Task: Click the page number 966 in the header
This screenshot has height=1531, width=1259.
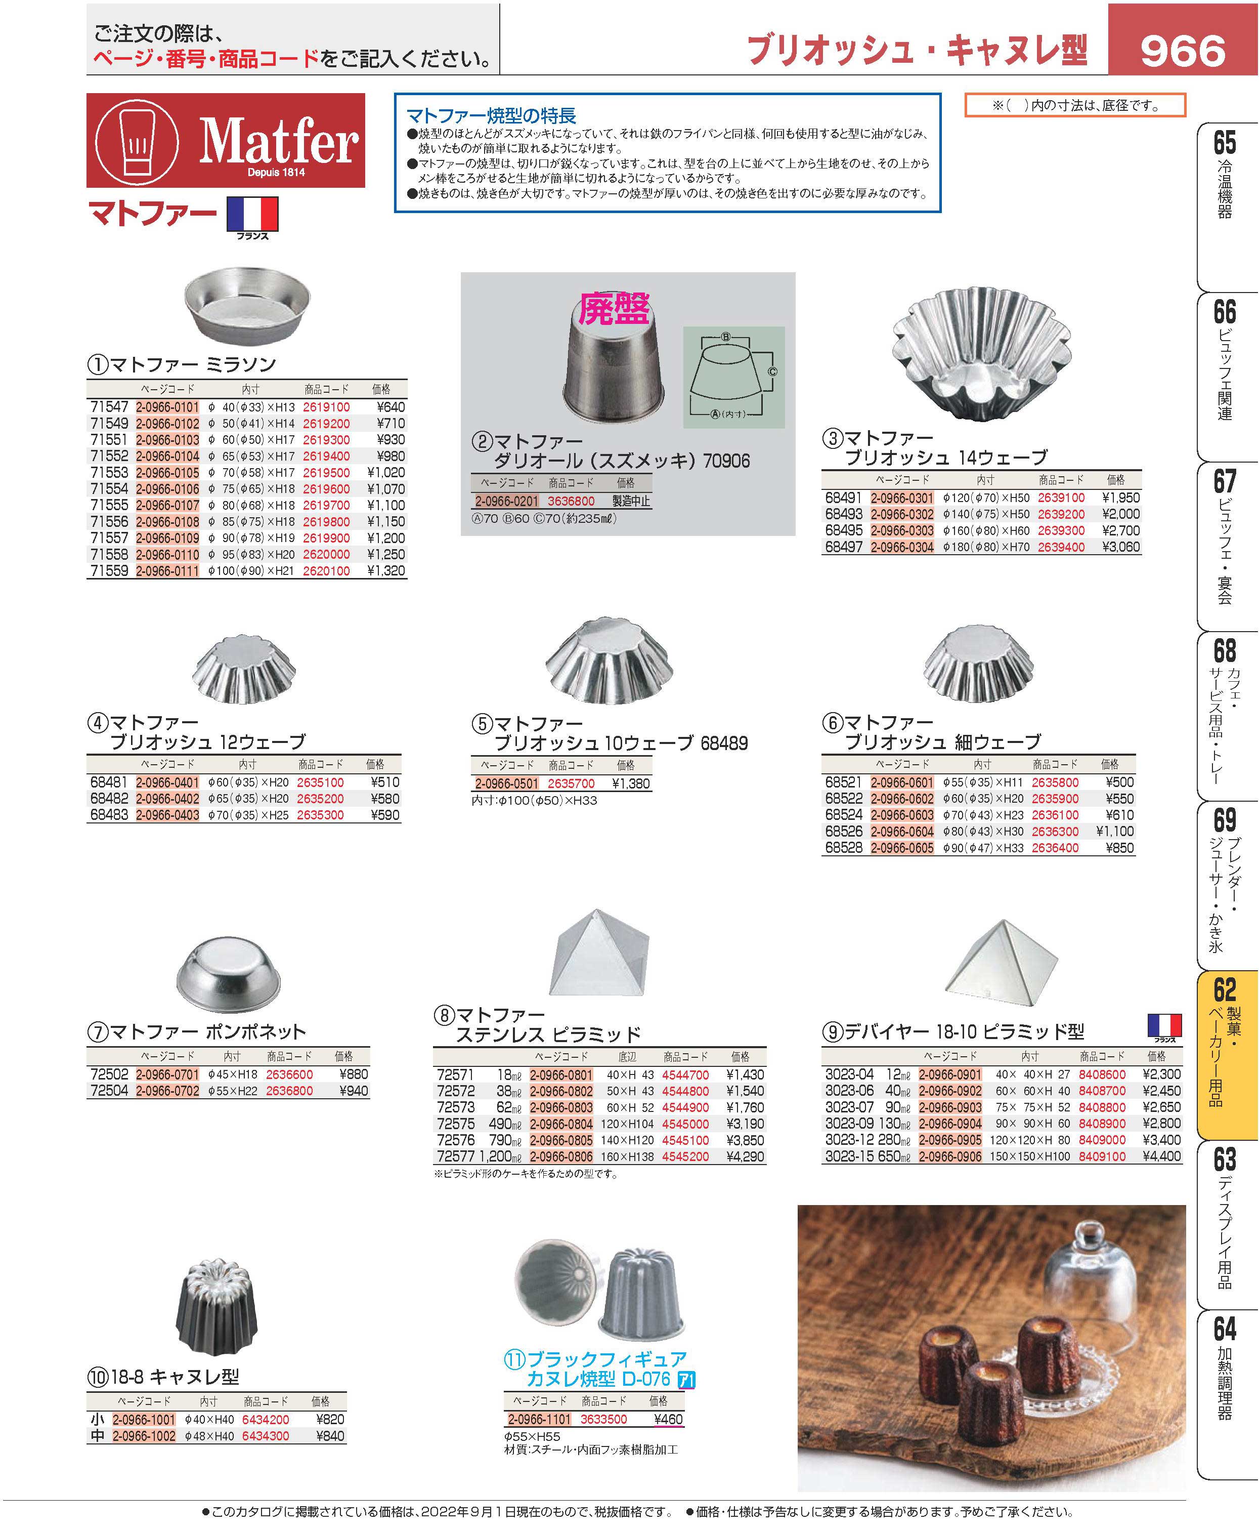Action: coord(1183,51)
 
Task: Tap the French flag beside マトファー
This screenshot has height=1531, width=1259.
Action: coord(252,214)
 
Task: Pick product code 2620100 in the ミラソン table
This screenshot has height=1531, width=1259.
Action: coord(326,571)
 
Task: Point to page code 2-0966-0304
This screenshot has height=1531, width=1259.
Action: coord(902,547)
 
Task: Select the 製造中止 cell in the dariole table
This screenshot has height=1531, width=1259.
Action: coord(631,502)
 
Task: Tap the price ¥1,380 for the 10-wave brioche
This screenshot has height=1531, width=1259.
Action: coord(631,783)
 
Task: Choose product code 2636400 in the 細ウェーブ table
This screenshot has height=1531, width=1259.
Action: coord(1055,848)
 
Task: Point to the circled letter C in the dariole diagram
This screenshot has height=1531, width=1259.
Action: coord(772,372)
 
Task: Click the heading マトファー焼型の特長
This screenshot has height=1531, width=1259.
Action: coord(491,115)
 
